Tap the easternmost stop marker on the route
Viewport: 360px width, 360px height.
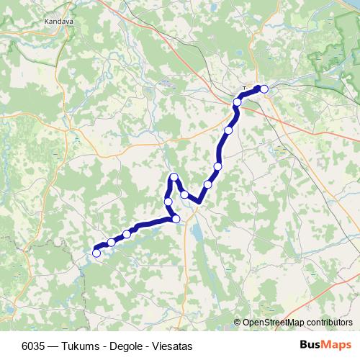tap(264, 89)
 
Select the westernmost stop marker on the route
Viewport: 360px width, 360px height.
tap(96, 252)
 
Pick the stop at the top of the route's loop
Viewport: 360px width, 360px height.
tap(173, 177)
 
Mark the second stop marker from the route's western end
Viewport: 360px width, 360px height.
tap(111, 243)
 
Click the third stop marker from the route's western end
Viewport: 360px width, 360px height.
tap(127, 233)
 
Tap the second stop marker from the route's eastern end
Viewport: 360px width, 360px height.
tap(237, 102)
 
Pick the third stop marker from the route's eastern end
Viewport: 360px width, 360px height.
tap(228, 130)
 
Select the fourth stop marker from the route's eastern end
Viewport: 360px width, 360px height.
tap(217, 166)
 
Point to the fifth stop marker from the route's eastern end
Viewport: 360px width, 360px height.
tap(208, 184)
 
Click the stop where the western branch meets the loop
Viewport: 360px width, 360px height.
tap(176, 219)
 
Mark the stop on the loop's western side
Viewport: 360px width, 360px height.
tap(168, 201)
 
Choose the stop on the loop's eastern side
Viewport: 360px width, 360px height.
tap(184, 194)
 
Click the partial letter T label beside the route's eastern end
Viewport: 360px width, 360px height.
tap(245, 88)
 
